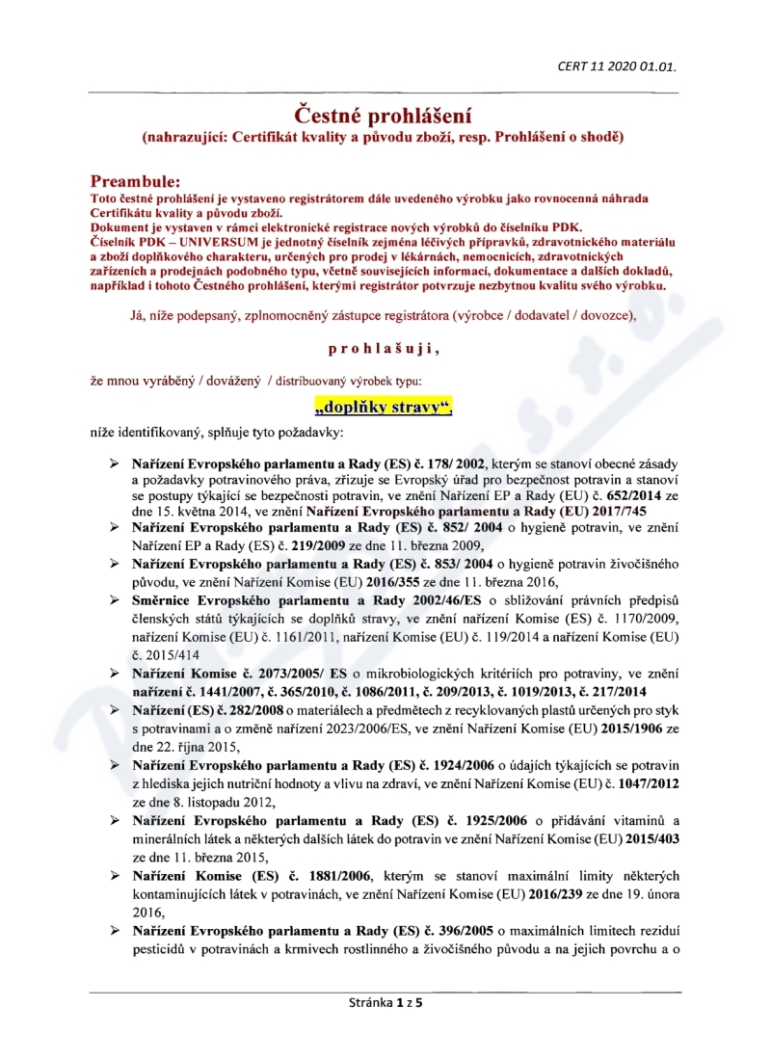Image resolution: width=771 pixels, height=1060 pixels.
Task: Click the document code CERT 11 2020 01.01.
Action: click(617, 66)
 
